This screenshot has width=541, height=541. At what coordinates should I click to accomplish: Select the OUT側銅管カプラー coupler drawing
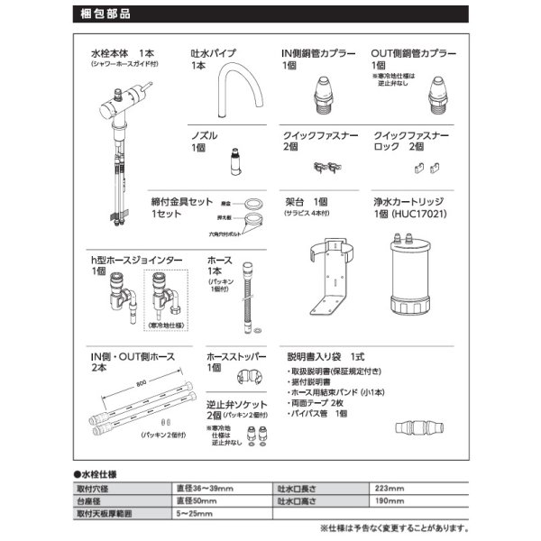coord(437,94)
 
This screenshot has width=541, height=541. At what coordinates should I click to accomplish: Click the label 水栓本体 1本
coord(121,54)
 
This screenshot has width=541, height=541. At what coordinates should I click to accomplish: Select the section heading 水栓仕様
coord(98,472)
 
